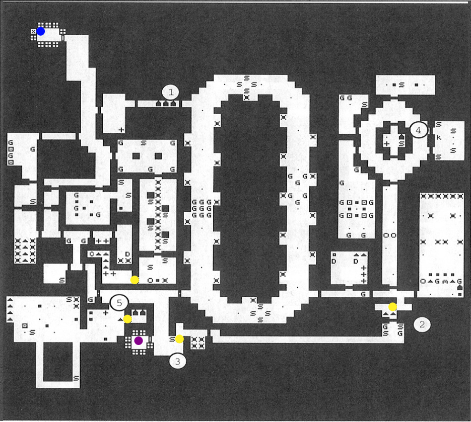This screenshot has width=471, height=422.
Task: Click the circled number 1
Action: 171,92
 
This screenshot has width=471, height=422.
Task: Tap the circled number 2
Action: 422,324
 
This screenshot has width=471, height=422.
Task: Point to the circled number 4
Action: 418,130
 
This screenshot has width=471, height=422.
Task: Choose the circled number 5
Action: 119,303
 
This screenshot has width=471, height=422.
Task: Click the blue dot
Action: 41,31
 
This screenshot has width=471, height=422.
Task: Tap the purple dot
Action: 139,341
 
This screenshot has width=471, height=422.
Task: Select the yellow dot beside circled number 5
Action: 127,319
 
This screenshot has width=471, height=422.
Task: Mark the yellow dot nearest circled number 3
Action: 179,339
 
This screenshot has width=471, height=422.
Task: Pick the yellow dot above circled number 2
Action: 392,306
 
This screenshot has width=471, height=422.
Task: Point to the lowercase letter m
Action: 445,281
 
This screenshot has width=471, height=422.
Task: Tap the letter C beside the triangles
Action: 92,254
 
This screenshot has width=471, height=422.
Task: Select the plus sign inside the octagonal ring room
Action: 387,144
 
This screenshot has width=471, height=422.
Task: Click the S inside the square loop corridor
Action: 76,378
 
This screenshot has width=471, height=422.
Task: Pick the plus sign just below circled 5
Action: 106,312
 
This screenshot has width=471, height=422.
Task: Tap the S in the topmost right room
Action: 401,85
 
